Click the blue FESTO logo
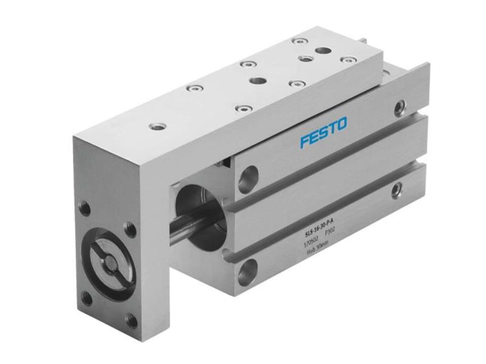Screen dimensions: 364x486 click(x=323, y=132)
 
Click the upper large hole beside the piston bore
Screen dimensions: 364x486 click(x=248, y=178)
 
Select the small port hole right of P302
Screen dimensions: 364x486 click(x=397, y=190)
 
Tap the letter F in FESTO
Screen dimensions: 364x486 click(x=304, y=141)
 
